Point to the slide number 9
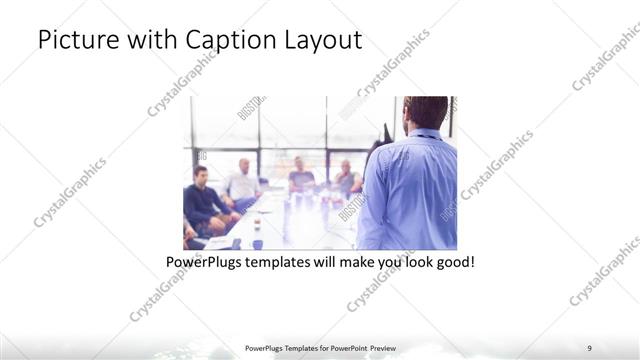(x=589, y=348)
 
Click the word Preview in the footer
(x=390, y=348)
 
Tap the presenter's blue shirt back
(x=412, y=190)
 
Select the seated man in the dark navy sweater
(x=204, y=200)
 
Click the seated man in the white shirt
(x=242, y=181)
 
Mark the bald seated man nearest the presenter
(x=346, y=179)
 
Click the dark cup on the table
(x=257, y=243)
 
